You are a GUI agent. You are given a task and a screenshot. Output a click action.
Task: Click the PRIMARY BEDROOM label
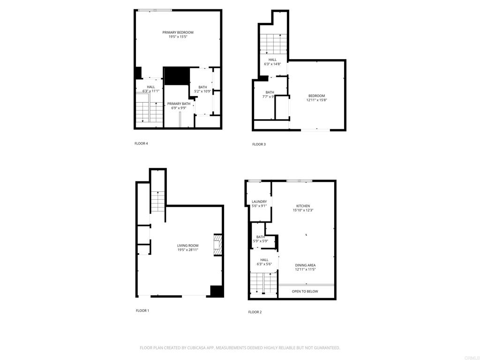[178, 32]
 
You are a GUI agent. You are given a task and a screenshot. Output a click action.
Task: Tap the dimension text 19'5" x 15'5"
[178, 37]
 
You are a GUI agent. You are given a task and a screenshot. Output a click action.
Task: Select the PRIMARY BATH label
[179, 104]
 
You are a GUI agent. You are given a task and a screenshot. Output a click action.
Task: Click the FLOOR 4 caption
[141, 143]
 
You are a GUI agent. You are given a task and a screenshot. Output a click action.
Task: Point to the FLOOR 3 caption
[259, 144]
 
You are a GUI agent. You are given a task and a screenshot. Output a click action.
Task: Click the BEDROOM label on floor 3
[316, 96]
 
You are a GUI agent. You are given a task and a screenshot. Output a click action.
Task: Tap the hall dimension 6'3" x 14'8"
[273, 64]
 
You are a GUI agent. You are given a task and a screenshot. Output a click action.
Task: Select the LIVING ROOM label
[187, 246]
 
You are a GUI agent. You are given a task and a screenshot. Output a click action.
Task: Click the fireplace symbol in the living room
[217, 245]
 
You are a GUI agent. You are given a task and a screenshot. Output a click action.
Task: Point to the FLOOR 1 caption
[142, 310]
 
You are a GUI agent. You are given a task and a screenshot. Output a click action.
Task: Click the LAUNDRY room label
[259, 202]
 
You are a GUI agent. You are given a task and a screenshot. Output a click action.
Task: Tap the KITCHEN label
[303, 206]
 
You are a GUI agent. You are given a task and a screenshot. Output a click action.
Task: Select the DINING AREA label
[305, 265]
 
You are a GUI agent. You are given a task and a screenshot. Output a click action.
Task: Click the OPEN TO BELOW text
[305, 292]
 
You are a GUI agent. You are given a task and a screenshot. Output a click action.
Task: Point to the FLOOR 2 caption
[255, 312]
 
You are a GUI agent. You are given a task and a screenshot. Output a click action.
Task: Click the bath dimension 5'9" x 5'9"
[261, 241]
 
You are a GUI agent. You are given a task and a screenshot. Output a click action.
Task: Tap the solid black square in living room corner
[216, 291]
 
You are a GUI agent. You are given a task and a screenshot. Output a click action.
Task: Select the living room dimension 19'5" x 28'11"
[187, 250]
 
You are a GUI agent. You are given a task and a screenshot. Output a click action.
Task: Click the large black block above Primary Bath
[176, 76]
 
